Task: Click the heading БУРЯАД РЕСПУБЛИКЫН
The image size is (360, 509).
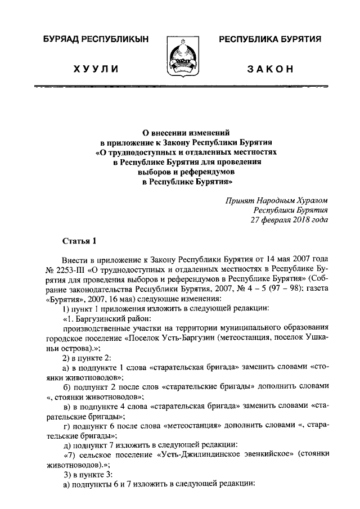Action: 91,39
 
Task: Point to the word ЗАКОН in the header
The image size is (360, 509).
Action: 269,69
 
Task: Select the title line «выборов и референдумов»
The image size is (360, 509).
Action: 179,173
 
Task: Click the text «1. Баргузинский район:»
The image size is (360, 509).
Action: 106,318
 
